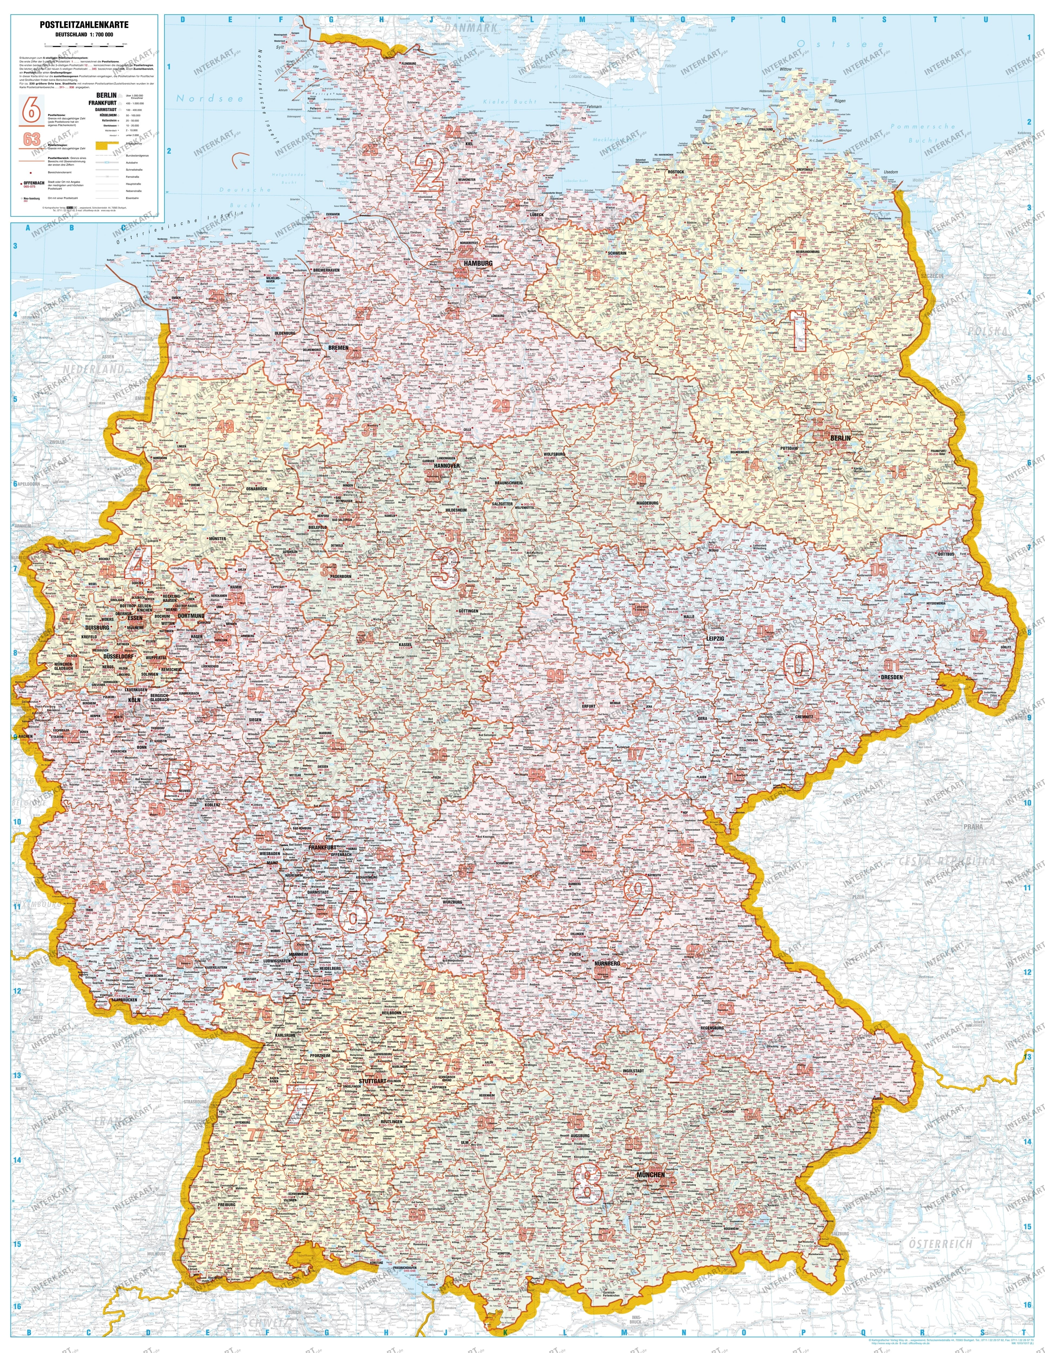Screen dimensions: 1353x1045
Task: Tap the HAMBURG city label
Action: pos(478,263)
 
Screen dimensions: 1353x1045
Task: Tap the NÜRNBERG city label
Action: pos(606,964)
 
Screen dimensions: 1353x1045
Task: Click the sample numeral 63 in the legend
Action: pos(32,139)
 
